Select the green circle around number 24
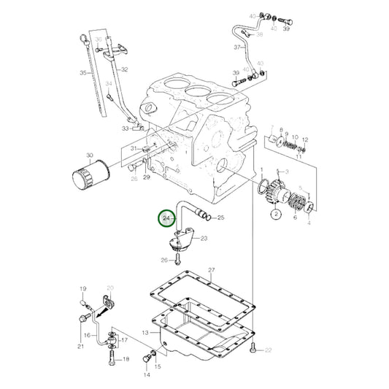(x=167, y=218)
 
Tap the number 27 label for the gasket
(x=212, y=271)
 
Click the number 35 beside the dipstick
(x=83, y=73)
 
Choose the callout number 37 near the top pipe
(x=236, y=47)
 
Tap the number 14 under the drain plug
(x=147, y=375)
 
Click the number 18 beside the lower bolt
(x=126, y=359)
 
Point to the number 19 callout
(x=82, y=288)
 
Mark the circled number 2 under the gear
(x=276, y=215)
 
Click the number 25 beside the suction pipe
(x=221, y=217)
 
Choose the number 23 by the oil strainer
(x=204, y=238)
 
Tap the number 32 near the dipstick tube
(x=125, y=69)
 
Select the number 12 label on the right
(x=306, y=139)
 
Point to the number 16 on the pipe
(x=86, y=315)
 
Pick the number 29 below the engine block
(x=146, y=178)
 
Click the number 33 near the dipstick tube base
(x=126, y=128)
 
